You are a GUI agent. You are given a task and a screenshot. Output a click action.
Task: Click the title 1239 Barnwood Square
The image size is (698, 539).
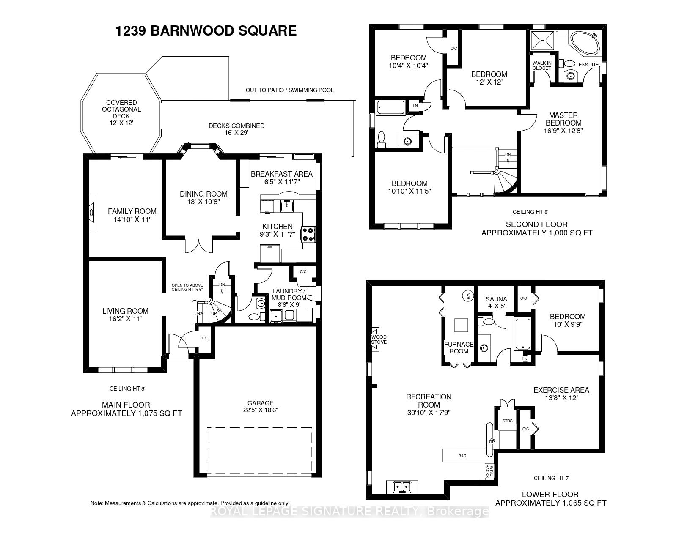[206, 31]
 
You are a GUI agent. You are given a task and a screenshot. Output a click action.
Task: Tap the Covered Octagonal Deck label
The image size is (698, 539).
[121, 109]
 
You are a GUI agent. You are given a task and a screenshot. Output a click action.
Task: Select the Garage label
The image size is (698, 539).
[261, 403]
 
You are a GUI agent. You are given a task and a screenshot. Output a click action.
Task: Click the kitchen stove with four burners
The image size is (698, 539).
[308, 234]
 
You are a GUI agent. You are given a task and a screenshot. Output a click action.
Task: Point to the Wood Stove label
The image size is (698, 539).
[379, 339]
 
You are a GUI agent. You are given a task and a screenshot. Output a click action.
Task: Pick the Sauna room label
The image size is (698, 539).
[496, 299]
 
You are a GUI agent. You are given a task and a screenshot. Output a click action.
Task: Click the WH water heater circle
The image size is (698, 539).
[468, 295]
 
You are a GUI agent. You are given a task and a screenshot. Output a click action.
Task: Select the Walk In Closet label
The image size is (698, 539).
[541, 66]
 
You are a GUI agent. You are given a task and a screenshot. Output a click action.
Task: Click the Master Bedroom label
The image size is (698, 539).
[563, 119]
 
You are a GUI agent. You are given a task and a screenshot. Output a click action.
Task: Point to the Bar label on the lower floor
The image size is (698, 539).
[462, 456]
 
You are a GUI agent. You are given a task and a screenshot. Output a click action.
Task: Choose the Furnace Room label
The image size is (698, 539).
[459, 347]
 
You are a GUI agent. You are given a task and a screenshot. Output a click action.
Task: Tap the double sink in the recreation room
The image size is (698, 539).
[402, 487]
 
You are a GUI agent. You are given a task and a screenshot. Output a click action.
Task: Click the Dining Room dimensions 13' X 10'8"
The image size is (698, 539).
[203, 202]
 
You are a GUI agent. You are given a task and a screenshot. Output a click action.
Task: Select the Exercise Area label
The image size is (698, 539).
[561, 390]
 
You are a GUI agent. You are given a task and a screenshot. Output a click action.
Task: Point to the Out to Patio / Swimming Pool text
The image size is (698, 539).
[290, 90]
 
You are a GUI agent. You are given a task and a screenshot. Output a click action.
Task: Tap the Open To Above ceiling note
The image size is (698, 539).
[187, 287]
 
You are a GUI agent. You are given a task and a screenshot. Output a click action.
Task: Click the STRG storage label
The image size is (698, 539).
[508, 421]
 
